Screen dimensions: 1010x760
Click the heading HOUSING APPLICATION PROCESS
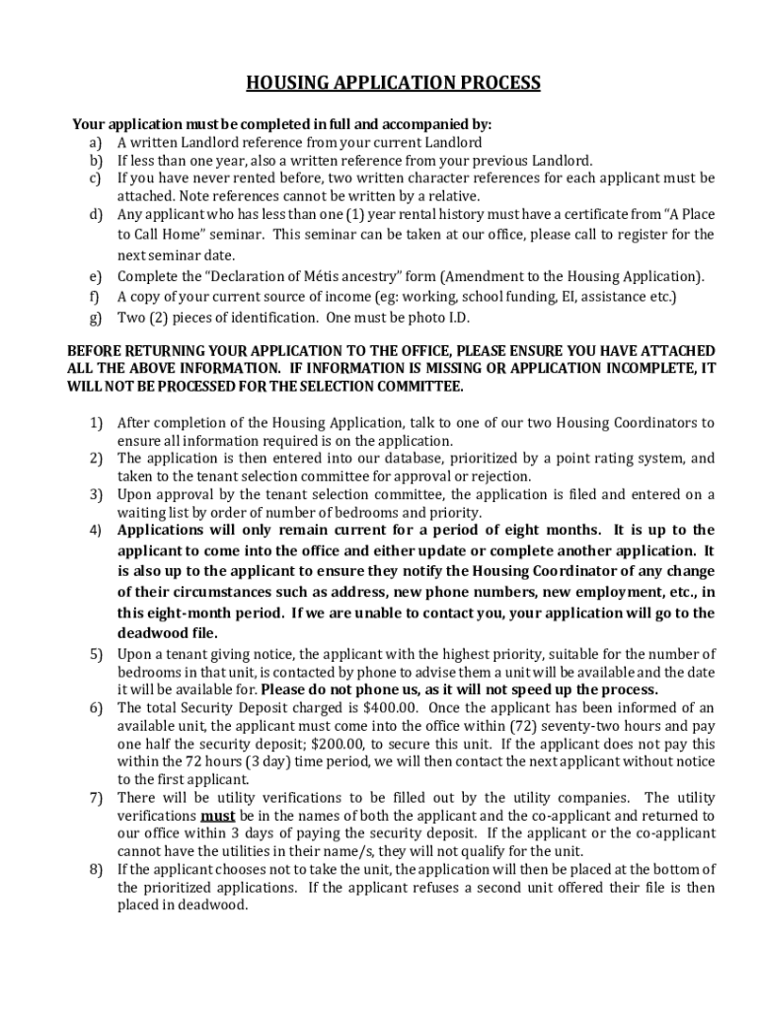coord(393,83)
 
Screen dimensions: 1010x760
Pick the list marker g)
coord(96,318)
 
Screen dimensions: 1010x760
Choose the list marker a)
coord(96,143)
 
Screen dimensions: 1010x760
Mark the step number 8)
coord(96,869)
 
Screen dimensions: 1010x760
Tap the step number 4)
coord(96,531)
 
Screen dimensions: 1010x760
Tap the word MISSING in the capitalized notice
coord(442,368)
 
